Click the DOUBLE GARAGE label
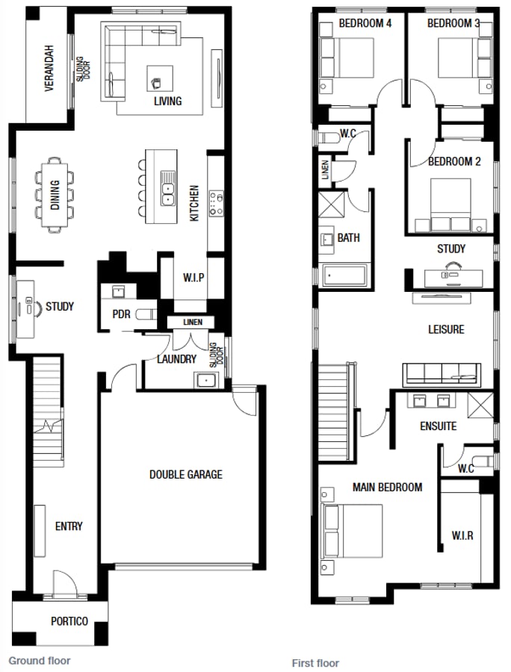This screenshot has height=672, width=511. click(x=185, y=474)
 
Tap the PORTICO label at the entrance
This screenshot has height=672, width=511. click(x=69, y=621)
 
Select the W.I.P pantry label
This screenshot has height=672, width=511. click(x=193, y=278)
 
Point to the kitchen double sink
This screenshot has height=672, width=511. click(x=168, y=193)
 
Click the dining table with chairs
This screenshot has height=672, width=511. click(x=55, y=193)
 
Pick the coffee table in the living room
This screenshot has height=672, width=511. click(x=160, y=77)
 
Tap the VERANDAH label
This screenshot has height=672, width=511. click(x=49, y=68)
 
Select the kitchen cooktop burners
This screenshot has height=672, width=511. click(x=217, y=203)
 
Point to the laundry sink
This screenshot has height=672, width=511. click(x=205, y=380)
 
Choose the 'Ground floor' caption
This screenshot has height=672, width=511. click(x=39, y=661)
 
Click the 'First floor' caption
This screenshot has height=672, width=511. click(x=315, y=663)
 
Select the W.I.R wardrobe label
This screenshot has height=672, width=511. click(x=462, y=535)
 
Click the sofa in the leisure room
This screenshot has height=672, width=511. click(x=441, y=373)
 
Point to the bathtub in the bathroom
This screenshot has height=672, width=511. click(x=345, y=275)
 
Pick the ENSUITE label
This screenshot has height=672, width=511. click(x=438, y=426)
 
